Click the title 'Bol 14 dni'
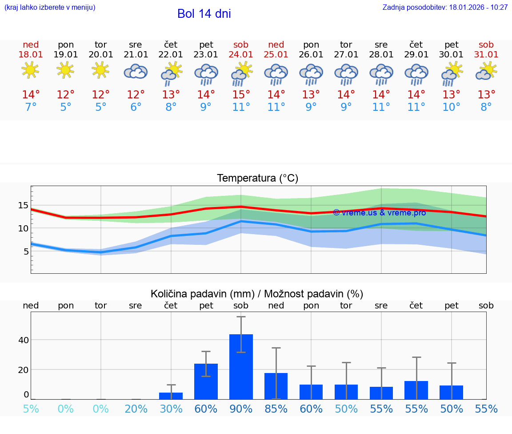(204, 14)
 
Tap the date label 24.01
(241, 55)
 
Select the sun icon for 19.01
(65, 70)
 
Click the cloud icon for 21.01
(136, 71)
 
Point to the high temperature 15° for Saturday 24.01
(241, 95)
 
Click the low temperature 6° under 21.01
(136, 107)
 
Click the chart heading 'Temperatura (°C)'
(257, 178)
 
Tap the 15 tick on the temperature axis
(23, 205)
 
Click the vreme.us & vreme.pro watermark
(379, 213)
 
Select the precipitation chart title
(257, 294)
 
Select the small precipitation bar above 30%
(171, 396)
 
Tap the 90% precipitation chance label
(241, 409)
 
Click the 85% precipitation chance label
(276, 409)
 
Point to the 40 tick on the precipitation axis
(23, 340)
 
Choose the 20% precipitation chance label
(136, 409)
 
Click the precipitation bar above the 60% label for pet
(206, 381)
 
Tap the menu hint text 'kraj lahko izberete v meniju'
(50, 8)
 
